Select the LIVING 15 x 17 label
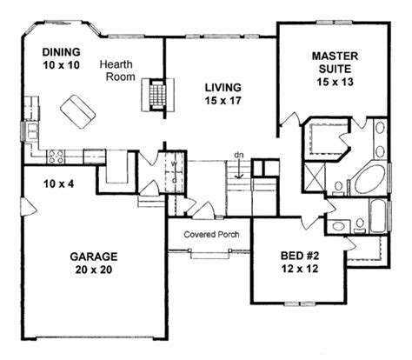(x=223, y=94)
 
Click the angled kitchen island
(x=76, y=111)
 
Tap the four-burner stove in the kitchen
(x=56, y=157)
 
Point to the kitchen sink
(x=35, y=134)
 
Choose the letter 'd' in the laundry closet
(x=175, y=179)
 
